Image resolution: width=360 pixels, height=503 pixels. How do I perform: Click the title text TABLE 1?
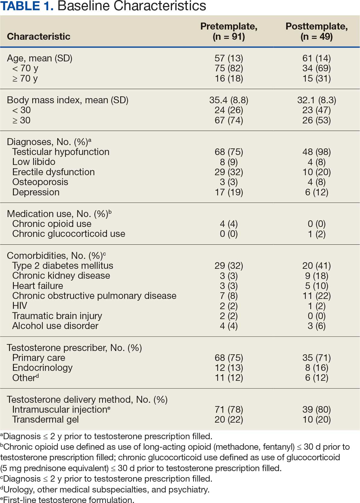point(27,6)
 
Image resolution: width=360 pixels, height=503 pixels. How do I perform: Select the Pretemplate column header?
point(229,31)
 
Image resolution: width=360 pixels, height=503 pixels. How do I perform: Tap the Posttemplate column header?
point(316,31)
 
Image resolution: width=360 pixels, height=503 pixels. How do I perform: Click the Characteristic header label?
point(39,36)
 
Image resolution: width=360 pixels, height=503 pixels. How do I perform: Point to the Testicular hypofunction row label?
point(61,152)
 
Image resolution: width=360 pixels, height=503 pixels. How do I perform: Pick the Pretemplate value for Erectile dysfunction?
point(229,172)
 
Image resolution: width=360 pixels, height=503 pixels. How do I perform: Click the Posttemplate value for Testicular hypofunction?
point(316,152)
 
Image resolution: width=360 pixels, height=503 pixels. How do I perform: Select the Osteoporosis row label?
point(40,182)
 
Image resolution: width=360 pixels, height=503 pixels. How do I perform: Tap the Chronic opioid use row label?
point(52,224)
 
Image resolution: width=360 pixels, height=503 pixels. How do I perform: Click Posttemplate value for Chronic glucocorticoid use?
point(316,234)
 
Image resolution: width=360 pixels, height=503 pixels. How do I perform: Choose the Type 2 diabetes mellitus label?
point(63,265)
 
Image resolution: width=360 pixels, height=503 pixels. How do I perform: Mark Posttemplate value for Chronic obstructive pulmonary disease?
point(316,296)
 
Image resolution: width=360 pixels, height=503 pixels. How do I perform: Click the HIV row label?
point(20,306)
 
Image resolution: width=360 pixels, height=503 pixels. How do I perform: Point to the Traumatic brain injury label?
point(57,316)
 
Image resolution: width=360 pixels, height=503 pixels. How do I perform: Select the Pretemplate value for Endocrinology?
point(229,368)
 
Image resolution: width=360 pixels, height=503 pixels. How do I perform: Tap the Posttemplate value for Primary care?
point(316,358)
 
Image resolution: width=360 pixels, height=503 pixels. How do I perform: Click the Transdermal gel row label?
point(45,419)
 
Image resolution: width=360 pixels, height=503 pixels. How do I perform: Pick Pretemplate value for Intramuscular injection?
point(229,409)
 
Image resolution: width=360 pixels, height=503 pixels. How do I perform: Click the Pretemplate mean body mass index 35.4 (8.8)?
point(229,100)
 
